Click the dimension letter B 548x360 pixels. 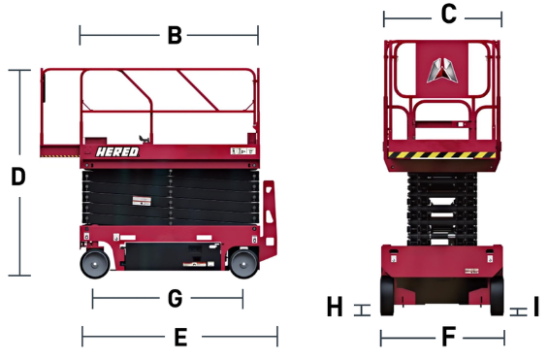[x=174, y=36]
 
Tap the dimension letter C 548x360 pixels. [x=447, y=15]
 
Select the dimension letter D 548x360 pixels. [x=17, y=177]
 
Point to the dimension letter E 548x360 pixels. [x=179, y=338]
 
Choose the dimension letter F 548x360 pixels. [x=447, y=338]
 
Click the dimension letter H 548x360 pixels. [x=335, y=308]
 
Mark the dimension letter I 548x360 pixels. [x=536, y=309]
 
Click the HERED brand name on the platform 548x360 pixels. [x=117, y=151]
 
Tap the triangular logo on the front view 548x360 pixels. [x=443, y=69]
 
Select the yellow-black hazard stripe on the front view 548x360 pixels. [x=444, y=157]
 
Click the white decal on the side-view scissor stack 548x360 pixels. [x=144, y=201]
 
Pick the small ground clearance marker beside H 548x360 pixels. [x=364, y=310]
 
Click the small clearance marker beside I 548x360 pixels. [x=518, y=311]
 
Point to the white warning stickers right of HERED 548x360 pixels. [x=240, y=151]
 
